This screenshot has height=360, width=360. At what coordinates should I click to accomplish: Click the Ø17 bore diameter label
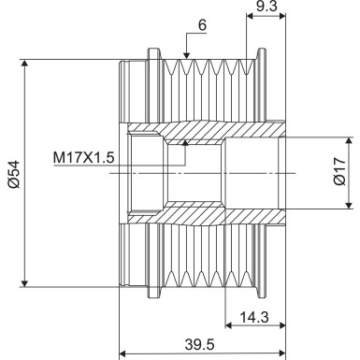tap(340, 173)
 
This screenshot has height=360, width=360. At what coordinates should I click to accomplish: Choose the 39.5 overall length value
tap(197, 341)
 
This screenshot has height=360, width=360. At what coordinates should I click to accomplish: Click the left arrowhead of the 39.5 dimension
tap(126, 354)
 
